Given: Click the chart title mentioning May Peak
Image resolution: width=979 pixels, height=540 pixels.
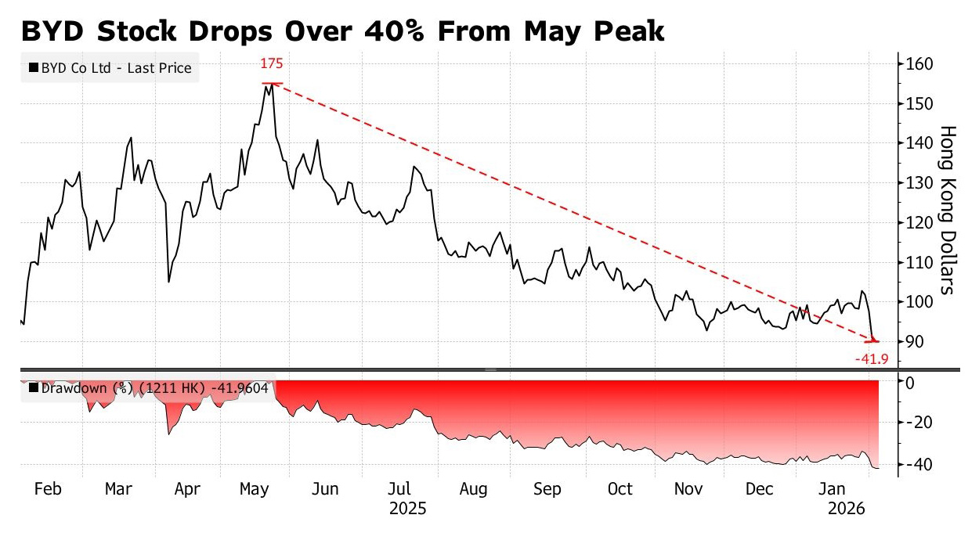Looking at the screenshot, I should tap(341, 31).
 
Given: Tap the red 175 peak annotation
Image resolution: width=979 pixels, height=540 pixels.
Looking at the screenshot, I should tap(272, 64).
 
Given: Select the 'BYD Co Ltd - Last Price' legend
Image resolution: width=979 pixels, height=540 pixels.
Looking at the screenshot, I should tap(110, 68).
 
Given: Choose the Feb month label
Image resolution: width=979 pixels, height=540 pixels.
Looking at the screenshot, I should tap(48, 489).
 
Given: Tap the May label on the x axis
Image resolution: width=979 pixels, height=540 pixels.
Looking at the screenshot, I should tap(255, 489).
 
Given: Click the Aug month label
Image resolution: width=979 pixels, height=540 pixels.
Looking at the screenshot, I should tap(473, 489).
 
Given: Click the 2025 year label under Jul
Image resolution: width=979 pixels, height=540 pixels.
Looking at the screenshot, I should tap(407, 509).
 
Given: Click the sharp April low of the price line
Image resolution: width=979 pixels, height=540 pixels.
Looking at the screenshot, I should tap(168, 282).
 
